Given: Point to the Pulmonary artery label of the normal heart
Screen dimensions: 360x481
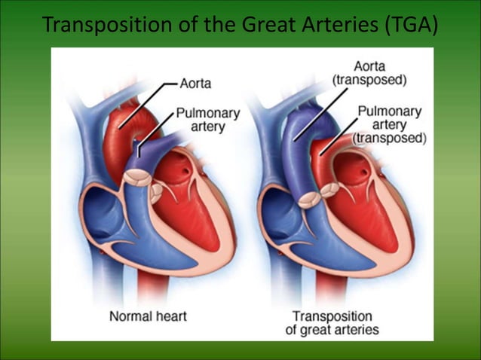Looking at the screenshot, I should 207,120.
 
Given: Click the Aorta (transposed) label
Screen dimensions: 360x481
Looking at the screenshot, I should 369,72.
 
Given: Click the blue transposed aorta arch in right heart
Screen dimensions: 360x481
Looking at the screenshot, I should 290,136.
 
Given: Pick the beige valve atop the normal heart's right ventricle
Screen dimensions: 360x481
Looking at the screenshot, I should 136,178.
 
